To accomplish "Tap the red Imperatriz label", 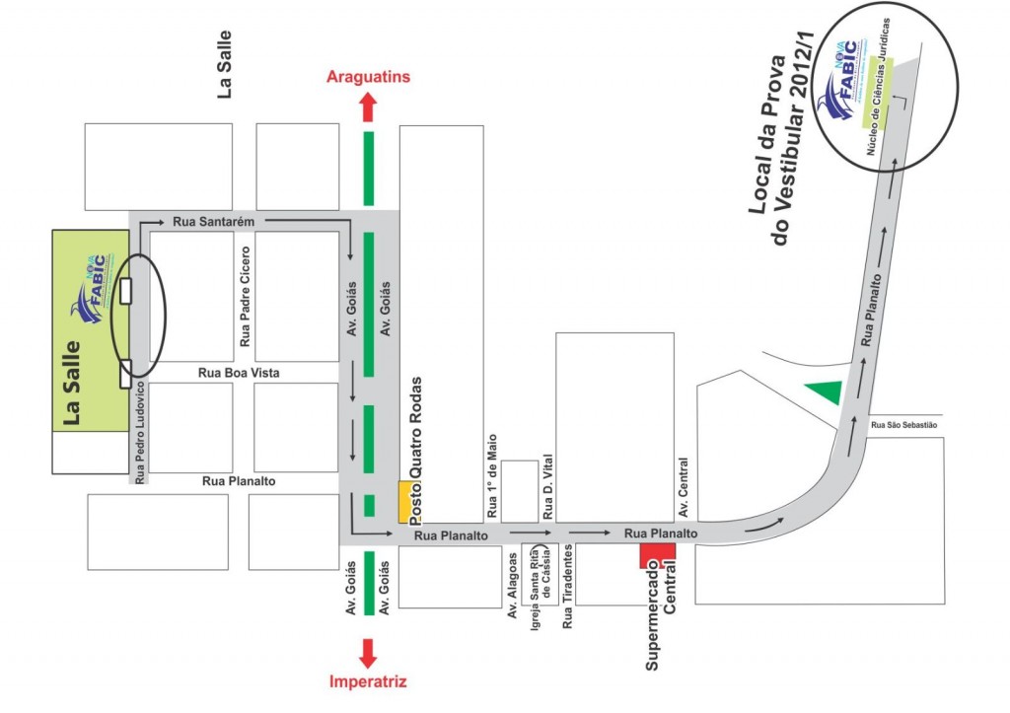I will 368,681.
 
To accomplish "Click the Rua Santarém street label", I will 214,222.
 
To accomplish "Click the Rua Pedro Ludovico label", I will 140,431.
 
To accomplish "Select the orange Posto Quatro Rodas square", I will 404,501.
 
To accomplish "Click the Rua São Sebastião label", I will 903,425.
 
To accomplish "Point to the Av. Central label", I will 682,488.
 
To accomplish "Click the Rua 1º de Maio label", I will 490,477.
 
